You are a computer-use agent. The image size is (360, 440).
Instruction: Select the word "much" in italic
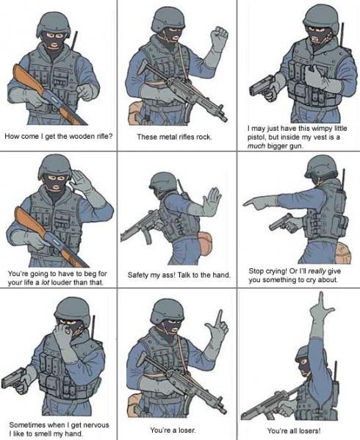[256, 146]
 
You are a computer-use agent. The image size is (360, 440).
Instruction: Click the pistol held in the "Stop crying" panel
[284, 223]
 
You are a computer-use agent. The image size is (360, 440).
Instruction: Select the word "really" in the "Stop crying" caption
[317, 271]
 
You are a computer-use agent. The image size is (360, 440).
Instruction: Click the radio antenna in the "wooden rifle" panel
[75, 41]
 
